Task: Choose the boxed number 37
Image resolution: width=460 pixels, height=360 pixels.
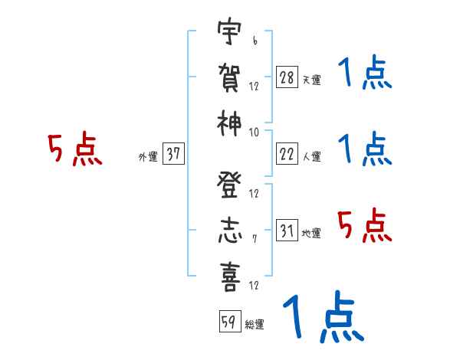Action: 173,155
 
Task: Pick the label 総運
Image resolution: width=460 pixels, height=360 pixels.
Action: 255,324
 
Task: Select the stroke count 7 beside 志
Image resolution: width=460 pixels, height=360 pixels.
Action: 254,238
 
